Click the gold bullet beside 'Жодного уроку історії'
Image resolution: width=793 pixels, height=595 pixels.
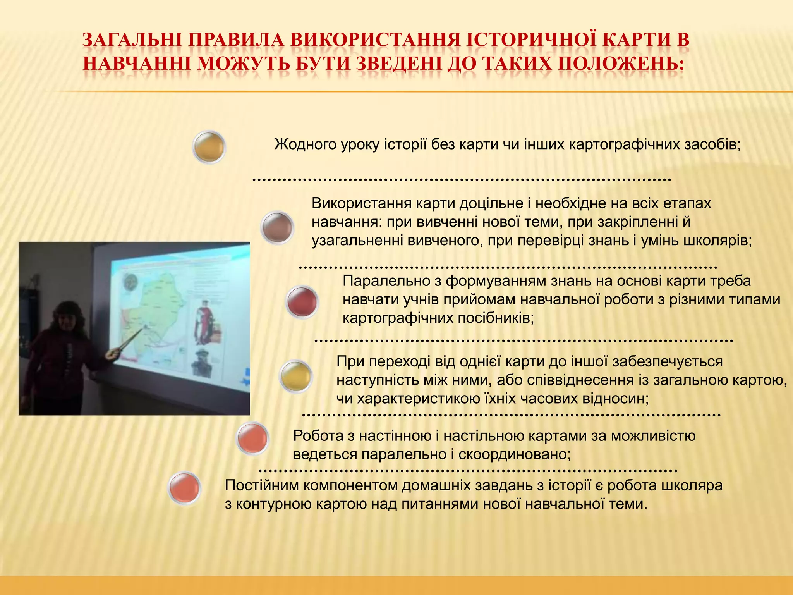coord(209,147)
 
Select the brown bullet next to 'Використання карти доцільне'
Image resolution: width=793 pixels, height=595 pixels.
coord(277,228)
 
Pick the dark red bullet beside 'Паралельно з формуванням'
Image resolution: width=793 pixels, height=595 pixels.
coord(302,302)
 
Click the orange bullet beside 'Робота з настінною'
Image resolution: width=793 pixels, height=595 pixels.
coord(252,438)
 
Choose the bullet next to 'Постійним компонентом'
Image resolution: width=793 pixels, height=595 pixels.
coord(185,488)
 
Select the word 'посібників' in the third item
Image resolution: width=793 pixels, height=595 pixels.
coord(496,318)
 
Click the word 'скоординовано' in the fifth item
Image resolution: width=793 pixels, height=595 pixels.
coord(515,454)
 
